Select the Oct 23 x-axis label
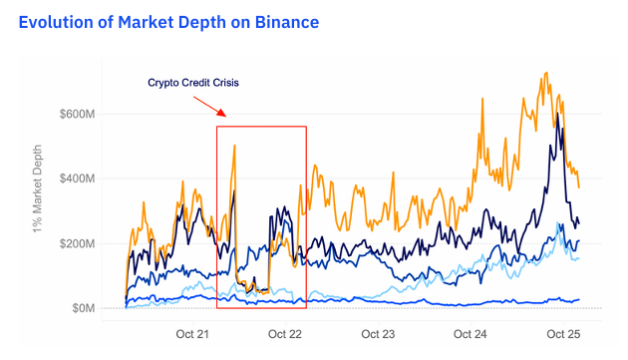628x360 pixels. point(379,333)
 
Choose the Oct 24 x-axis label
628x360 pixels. point(470,333)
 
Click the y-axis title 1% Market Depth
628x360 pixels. point(37,208)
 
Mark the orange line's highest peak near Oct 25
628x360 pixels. point(544,73)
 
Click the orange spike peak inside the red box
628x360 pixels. point(234,146)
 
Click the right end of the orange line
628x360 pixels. point(579,186)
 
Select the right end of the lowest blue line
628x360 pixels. point(579,299)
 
